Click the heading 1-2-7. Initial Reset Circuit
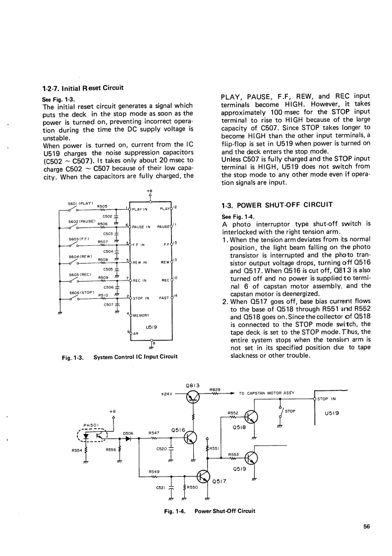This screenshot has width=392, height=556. click(83, 88)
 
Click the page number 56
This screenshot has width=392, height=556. click(366, 527)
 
